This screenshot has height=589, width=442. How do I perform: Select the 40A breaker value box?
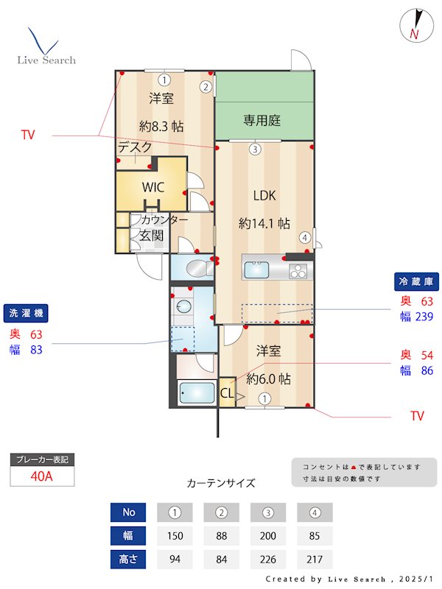pos(42,476)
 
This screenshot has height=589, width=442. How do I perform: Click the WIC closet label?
pos(152,187)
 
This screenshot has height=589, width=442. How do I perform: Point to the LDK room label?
pos(264,196)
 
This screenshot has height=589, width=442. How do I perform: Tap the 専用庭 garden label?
pos(262,120)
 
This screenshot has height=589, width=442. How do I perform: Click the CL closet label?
pos(227,394)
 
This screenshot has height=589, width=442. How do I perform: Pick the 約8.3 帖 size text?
pos(161,126)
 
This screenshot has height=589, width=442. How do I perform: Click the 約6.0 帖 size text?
pos(268,379)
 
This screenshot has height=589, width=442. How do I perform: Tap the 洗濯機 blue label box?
pos(24,313)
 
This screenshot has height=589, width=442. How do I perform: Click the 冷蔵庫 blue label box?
pos(416,281)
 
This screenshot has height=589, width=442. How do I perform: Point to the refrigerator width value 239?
pos(424,317)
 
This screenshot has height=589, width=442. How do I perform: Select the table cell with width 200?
pos(269,535)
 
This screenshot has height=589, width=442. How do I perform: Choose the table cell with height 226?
pos(269,559)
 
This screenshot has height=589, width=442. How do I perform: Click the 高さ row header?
pos(128,559)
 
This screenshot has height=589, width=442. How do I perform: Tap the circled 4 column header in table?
pos(315,512)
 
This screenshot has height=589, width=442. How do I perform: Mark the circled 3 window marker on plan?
pos(254,149)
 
